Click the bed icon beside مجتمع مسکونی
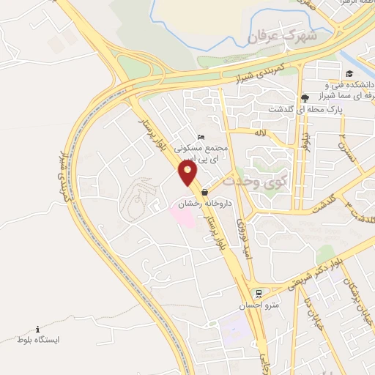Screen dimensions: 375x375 coord(201,137)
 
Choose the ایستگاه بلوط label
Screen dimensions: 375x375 coord(37,341)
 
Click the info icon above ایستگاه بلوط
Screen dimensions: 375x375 coord(37,329)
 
